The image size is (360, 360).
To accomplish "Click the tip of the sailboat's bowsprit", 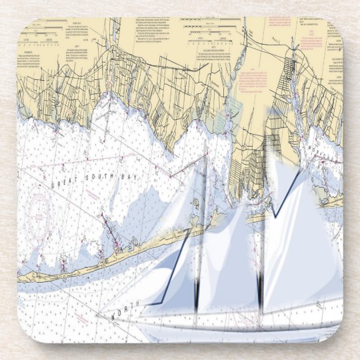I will point(100,313).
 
